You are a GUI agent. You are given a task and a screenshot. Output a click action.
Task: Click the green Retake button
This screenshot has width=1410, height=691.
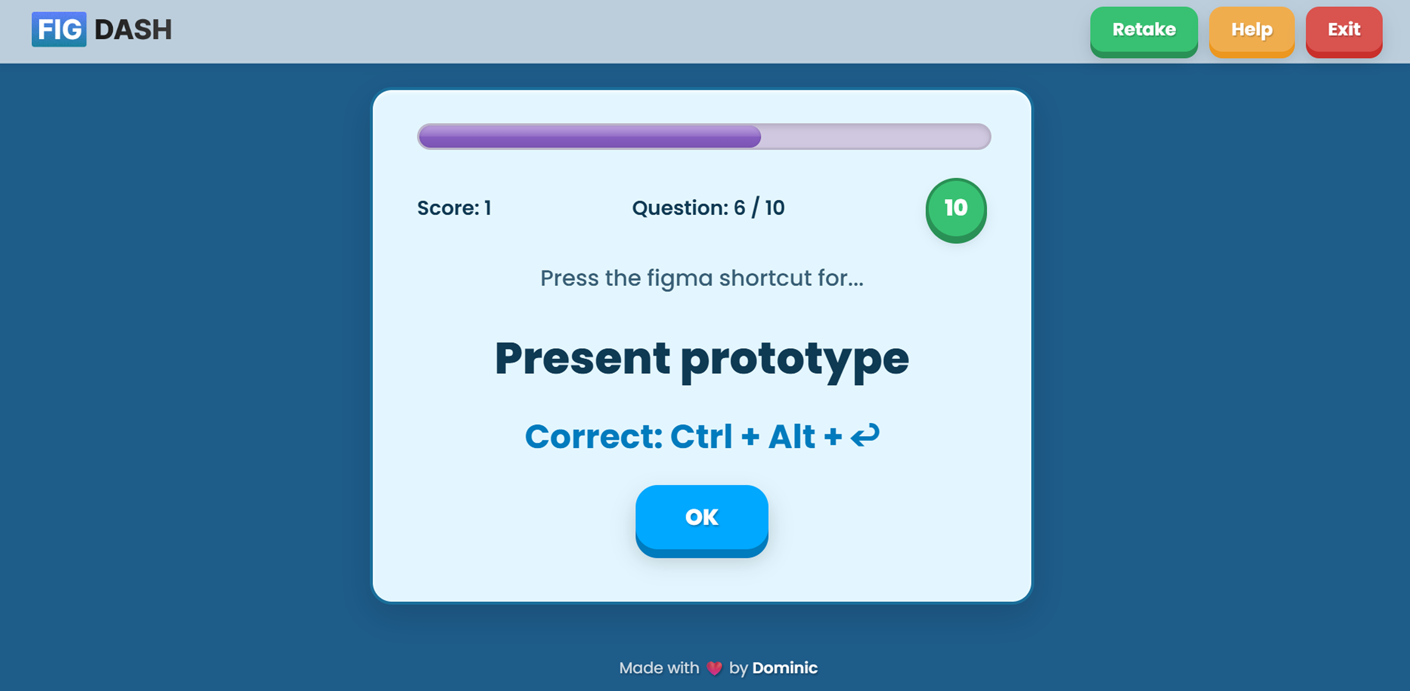point(1143,30)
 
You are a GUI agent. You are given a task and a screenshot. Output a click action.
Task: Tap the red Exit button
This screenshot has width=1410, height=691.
point(1343,30)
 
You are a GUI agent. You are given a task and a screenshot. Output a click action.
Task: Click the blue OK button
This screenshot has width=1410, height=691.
point(701,517)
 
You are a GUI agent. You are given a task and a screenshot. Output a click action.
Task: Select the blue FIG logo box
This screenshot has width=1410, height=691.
point(59,30)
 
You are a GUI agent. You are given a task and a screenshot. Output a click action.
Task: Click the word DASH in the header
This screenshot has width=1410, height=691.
point(133,30)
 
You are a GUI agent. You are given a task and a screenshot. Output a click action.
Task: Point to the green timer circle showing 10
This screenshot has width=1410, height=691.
point(956,209)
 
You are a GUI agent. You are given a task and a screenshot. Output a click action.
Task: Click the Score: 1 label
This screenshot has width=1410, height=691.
point(454,208)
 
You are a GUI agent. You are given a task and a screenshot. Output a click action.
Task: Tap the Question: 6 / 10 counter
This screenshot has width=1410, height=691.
point(708,208)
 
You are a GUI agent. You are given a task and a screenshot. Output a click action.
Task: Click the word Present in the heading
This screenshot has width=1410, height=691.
point(582,358)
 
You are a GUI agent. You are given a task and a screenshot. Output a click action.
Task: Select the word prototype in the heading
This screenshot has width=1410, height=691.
point(794,360)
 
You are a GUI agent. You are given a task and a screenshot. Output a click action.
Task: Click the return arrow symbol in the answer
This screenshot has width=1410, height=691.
point(865,436)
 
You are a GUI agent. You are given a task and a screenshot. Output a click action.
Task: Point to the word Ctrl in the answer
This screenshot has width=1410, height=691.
point(701,437)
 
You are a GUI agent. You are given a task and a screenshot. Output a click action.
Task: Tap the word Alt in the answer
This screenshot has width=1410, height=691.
point(791,437)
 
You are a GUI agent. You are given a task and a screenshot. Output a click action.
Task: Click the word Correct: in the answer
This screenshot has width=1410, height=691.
point(594,437)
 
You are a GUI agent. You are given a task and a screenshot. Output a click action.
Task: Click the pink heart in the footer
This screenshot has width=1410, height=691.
point(714,668)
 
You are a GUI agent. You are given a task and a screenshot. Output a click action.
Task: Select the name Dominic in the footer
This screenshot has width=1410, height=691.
point(784,668)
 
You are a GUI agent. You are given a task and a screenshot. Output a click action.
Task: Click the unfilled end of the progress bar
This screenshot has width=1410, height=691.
point(876,136)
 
